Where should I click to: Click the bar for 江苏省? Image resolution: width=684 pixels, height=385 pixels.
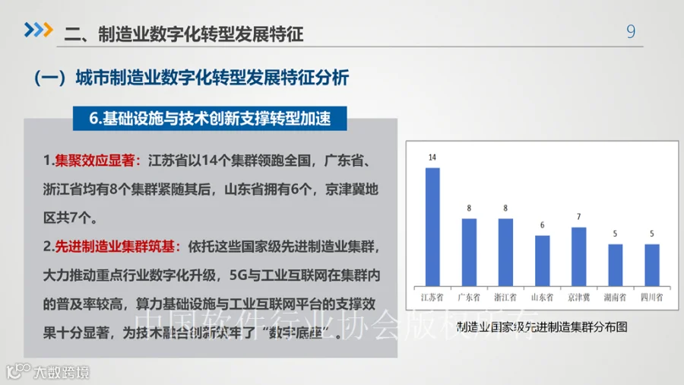pos(432,225)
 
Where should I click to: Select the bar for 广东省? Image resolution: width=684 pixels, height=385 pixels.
pos(469,251)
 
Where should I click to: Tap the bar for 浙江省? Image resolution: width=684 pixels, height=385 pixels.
pos(505,251)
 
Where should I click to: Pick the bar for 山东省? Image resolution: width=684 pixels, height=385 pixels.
pos(542,259)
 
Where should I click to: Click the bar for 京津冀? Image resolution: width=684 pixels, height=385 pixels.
pos(578,255)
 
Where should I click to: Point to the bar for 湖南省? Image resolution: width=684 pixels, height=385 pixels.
pos(615,264)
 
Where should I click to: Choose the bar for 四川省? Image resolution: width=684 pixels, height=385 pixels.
pos(651,264)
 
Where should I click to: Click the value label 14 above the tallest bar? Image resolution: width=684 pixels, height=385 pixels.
pos(432,157)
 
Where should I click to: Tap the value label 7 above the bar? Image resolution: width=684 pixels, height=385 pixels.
pos(578,217)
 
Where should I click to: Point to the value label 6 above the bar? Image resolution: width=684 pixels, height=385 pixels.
pos(542,225)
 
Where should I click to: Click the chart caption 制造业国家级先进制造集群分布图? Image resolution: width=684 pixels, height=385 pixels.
pos(542,328)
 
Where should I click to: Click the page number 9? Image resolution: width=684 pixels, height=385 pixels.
pos(630,32)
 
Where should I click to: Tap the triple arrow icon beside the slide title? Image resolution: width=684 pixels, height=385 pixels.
pos(38,30)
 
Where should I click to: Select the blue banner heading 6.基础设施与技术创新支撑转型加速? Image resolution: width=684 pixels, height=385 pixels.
pos(210,119)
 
